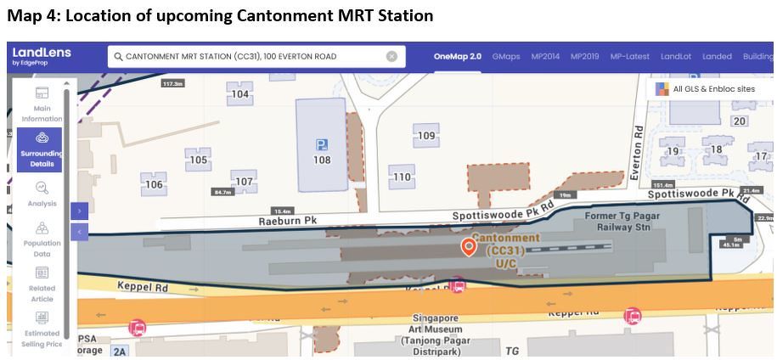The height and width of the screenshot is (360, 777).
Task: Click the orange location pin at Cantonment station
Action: pos(468,246)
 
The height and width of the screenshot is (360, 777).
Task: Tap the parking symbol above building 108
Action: pos(322,145)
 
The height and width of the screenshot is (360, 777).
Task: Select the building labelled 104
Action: pos(241,94)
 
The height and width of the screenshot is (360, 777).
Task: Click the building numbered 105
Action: pos(198,160)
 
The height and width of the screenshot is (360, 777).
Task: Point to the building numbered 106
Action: pos(154,184)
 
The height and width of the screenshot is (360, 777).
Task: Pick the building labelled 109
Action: pos(426,136)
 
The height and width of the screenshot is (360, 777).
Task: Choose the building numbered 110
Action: pos(402,177)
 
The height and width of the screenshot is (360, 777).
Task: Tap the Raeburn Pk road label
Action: pos(287,221)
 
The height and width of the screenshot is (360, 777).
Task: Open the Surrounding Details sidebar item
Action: pos(41,149)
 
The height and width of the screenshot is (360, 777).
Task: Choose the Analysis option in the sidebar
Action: pos(42,194)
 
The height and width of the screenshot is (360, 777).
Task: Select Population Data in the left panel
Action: pos(42,240)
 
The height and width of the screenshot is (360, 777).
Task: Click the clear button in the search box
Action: pos(391,56)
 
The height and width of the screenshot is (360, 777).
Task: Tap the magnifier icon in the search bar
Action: pos(118,56)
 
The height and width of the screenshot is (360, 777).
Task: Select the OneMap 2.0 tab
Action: pos(457,56)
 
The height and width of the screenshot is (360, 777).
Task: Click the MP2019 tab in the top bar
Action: pos(584,56)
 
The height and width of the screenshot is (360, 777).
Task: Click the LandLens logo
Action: pos(42,56)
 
